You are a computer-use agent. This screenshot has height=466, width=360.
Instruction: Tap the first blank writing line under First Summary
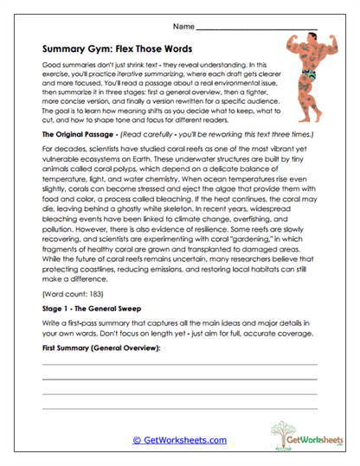180,390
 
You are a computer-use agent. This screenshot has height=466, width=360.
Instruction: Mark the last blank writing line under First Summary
180,419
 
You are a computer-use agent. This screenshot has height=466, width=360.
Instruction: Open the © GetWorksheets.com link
179,441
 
